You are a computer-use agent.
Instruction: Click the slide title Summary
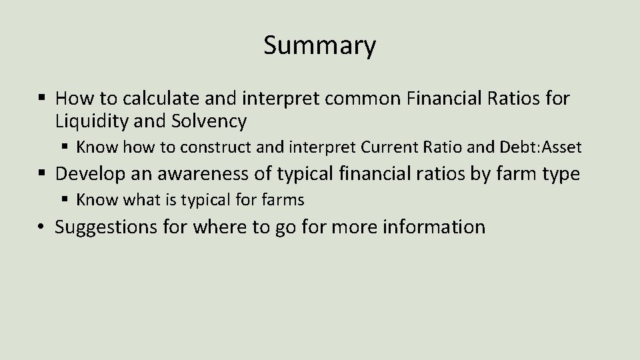319,46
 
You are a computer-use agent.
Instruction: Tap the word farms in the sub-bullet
282,199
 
